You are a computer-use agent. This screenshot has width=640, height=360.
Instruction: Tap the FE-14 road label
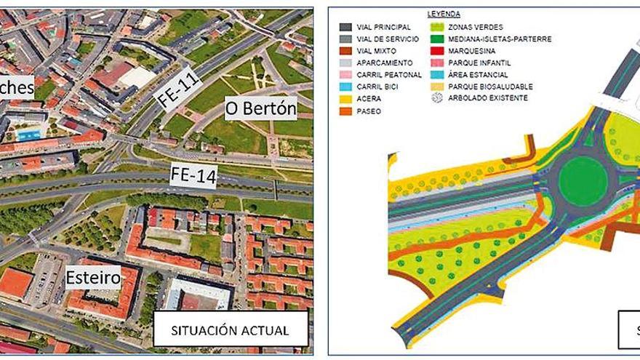click(x=192, y=175)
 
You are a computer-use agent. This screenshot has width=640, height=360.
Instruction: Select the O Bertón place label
click(x=260, y=110)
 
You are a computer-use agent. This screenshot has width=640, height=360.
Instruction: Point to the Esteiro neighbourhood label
click(x=92, y=276)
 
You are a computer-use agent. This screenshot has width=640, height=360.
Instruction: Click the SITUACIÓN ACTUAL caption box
click(x=230, y=329)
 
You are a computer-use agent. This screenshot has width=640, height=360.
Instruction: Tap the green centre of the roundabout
click(x=582, y=181)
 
